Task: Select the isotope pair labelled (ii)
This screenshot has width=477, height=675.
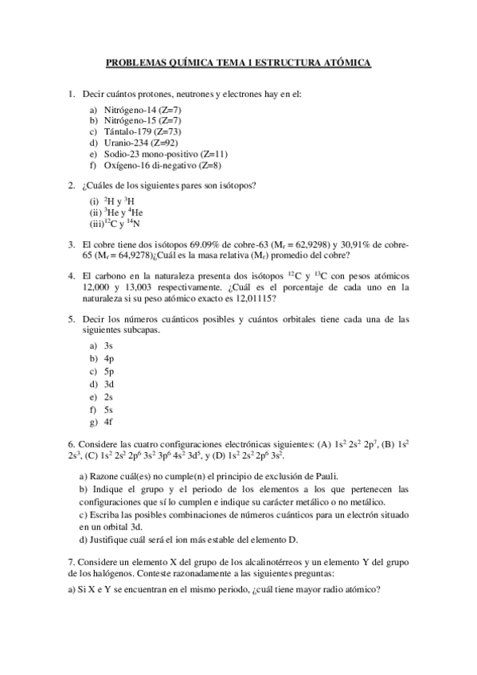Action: [118, 213]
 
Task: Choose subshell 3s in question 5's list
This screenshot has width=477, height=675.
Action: [108, 345]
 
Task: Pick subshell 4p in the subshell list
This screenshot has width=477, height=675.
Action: [108, 358]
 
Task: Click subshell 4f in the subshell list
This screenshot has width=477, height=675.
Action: [108, 422]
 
